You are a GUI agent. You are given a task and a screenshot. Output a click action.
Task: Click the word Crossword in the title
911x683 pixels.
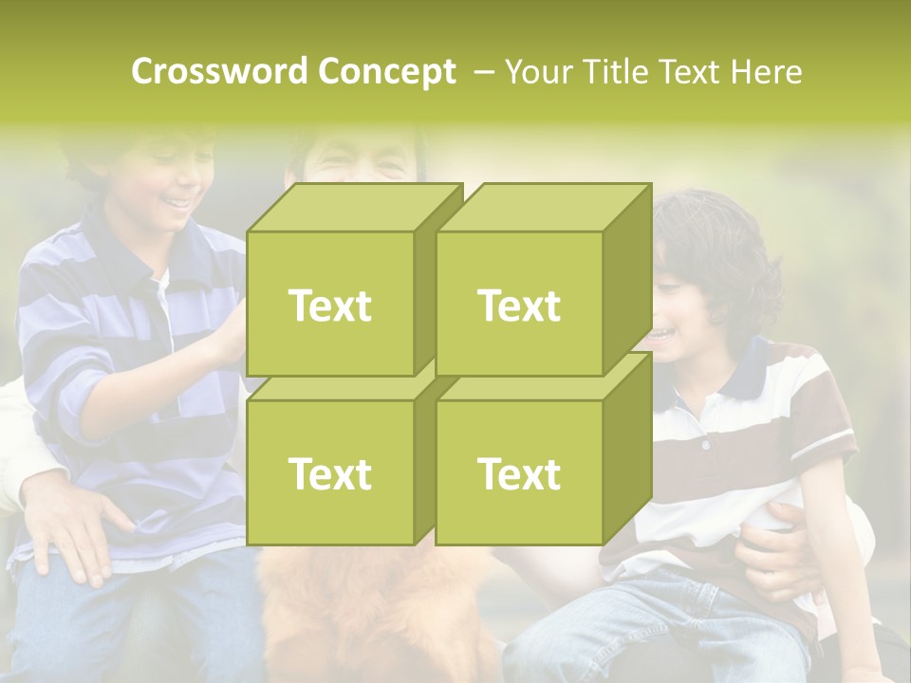(x=219, y=71)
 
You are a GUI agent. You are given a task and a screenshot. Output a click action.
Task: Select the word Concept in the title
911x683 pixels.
(x=387, y=71)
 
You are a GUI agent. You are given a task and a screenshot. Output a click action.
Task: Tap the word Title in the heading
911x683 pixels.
(x=616, y=71)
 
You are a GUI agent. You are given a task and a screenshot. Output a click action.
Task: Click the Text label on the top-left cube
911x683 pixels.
(x=329, y=305)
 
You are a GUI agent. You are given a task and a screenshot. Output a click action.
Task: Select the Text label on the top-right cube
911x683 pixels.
(x=519, y=305)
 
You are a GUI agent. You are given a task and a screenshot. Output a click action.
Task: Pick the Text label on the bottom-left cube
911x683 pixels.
(x=329, y=473)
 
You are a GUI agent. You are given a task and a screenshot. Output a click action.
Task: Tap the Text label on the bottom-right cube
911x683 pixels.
(x=519, y=473)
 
